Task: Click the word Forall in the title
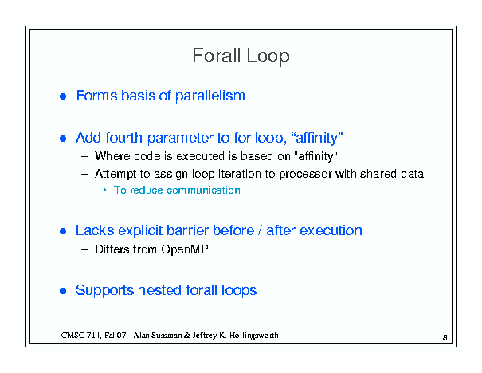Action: pos(217,56)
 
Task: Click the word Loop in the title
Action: pos(268,57)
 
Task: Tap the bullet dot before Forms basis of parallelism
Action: pos(63,96)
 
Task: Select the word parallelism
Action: pos(210,96)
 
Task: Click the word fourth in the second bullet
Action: pos(123,138)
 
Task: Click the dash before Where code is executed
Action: pos(84,156)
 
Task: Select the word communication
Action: pos(203,190)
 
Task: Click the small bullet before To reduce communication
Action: pos(105,190)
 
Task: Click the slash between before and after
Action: pos(260,230)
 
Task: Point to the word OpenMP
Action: pos(185,249)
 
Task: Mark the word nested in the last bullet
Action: pos(159,290)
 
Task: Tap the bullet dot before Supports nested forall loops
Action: pos(63,291)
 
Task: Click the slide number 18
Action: pos(443,338)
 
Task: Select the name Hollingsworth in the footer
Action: pos(253,336)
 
